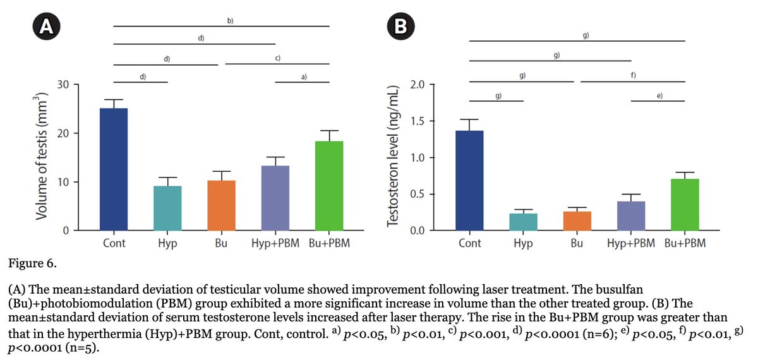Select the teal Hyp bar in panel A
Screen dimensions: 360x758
[167, 208]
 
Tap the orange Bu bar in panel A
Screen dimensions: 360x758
[222, 205]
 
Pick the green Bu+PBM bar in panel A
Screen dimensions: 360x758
[329, 186]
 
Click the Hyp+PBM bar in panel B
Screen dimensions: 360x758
[631, 216]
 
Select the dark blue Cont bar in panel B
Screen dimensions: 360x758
[469, 181]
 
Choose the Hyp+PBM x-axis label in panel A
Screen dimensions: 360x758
[275, 243]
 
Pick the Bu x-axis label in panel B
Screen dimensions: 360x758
[577, 243]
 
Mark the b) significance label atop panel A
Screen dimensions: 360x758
[230, 21]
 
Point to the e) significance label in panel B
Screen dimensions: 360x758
[659, 95]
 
